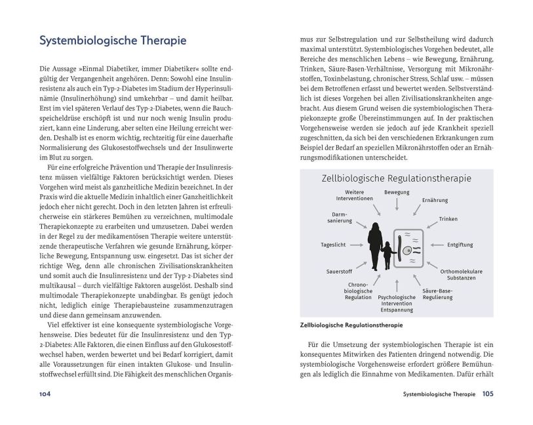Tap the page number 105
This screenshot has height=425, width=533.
[x=488, y=394]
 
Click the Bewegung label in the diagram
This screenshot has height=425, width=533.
[x=397, y=192]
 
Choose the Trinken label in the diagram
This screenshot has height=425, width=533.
[x=448, y=219]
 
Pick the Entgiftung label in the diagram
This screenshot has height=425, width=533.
[x=460, y=245]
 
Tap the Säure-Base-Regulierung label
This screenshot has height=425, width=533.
[x=438, y=294]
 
